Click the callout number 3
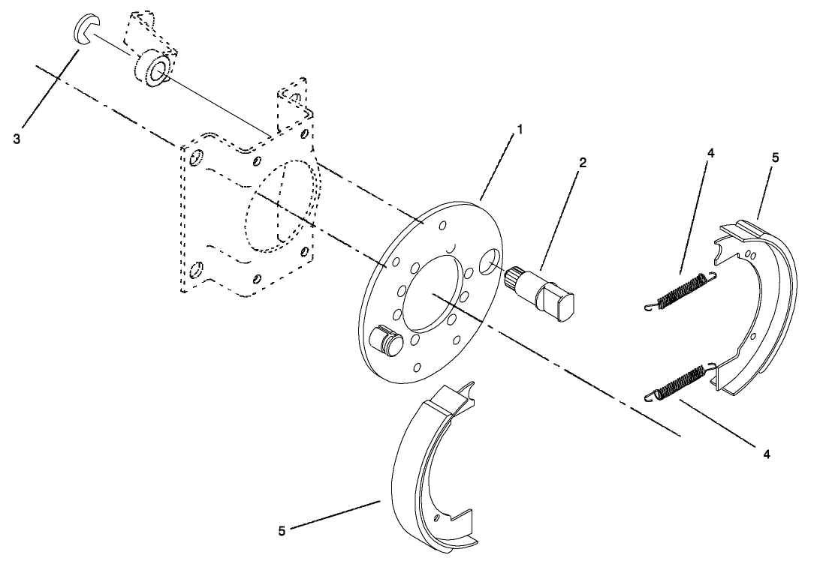[x=17, y=139]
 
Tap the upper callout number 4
[x=711, y=153]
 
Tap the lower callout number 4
[x=765, y=454]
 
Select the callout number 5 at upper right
[x=776, y=157]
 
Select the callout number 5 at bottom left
[x=282, y=530]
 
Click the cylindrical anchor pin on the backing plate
[x=390, y=338]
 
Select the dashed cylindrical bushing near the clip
[x=153, y=73]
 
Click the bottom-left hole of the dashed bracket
[x=198, y=268]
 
